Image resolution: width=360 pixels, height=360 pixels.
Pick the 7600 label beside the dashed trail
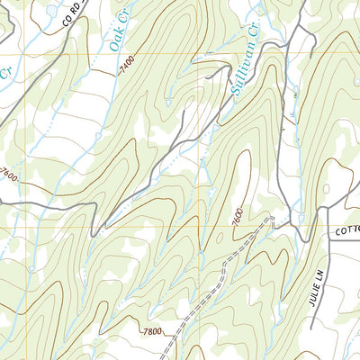click(236, 217)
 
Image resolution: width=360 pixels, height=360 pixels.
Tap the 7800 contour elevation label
click(152, 332)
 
